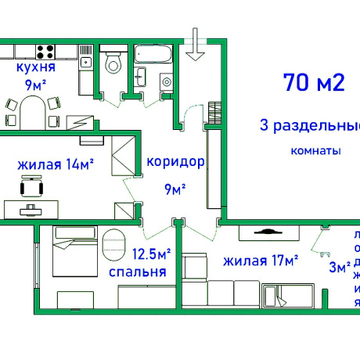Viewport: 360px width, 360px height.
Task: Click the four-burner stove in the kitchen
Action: coord(45,52)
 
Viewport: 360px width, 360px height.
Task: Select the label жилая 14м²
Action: coord(56,165)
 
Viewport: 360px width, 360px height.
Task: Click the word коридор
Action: coord(175,163)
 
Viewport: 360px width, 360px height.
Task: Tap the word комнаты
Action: coord(315,150)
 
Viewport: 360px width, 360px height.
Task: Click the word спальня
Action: coord(138,272)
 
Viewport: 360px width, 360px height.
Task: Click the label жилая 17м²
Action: coord(260,261)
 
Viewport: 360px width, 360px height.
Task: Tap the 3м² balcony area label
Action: coord(338,268)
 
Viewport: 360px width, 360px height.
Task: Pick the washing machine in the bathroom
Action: coord(167,84)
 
